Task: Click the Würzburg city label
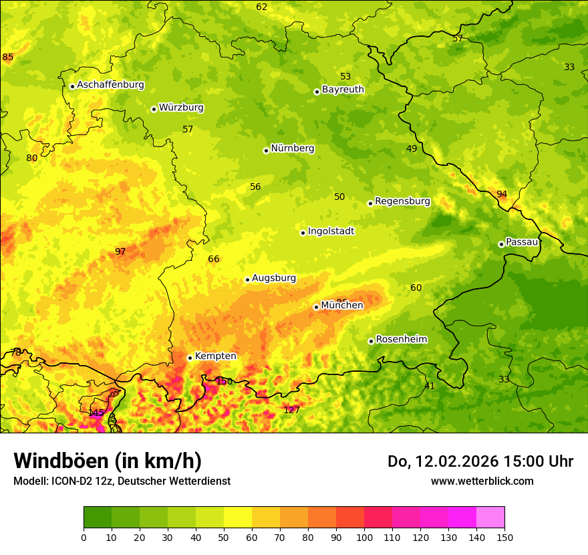coord(181,108)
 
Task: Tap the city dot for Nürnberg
coord(266,150)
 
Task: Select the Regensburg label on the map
coord(402,201)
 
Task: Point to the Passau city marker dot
coord(501,244)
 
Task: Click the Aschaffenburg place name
coord(110,85)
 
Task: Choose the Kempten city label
coord(215,356)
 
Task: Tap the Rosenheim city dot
coord(371,341)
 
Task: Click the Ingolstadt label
coord(331,231)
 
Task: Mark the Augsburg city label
coord(274,278)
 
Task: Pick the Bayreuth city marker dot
coord(317,92)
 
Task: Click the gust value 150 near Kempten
coord(225,381)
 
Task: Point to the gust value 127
coord(291,410)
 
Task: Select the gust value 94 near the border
coord(502,194)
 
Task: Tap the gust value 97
coord(120,251)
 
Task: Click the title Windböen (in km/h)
coord(108,461)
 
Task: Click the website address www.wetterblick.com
coord(482,481)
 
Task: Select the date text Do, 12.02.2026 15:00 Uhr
coord(480,461)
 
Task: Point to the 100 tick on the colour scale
coord(364,537)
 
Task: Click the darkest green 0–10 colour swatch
coord(98,518)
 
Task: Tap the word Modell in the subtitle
coord(29,481)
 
